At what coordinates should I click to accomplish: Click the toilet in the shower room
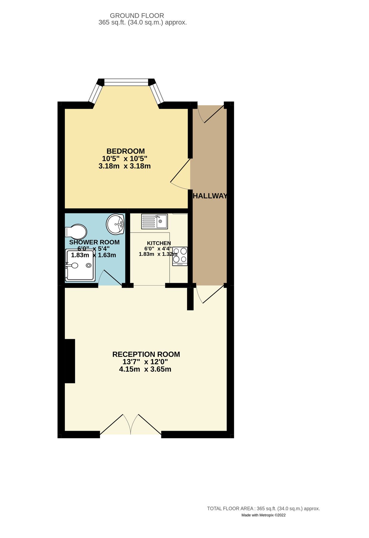[76, 232]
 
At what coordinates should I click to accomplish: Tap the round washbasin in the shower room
[115, 224]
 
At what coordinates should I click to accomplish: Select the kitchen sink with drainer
[154, 221]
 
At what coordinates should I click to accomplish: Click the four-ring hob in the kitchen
[180, 256]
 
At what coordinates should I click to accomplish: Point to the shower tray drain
[89, 265]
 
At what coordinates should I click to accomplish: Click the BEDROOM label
[125, 151]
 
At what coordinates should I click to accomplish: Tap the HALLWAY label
[210, 196]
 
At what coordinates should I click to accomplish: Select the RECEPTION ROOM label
[146, 354]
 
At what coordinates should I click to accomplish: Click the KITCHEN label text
[159, 243]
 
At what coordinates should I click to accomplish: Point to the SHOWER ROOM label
[94, 242]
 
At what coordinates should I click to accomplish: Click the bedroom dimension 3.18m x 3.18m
[125, 166]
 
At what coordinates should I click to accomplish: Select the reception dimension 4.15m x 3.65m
[145, 369]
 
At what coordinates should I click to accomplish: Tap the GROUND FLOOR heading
[137, 16]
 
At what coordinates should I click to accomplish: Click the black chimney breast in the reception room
[70, 361]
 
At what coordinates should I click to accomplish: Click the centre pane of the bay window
[126, 82]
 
